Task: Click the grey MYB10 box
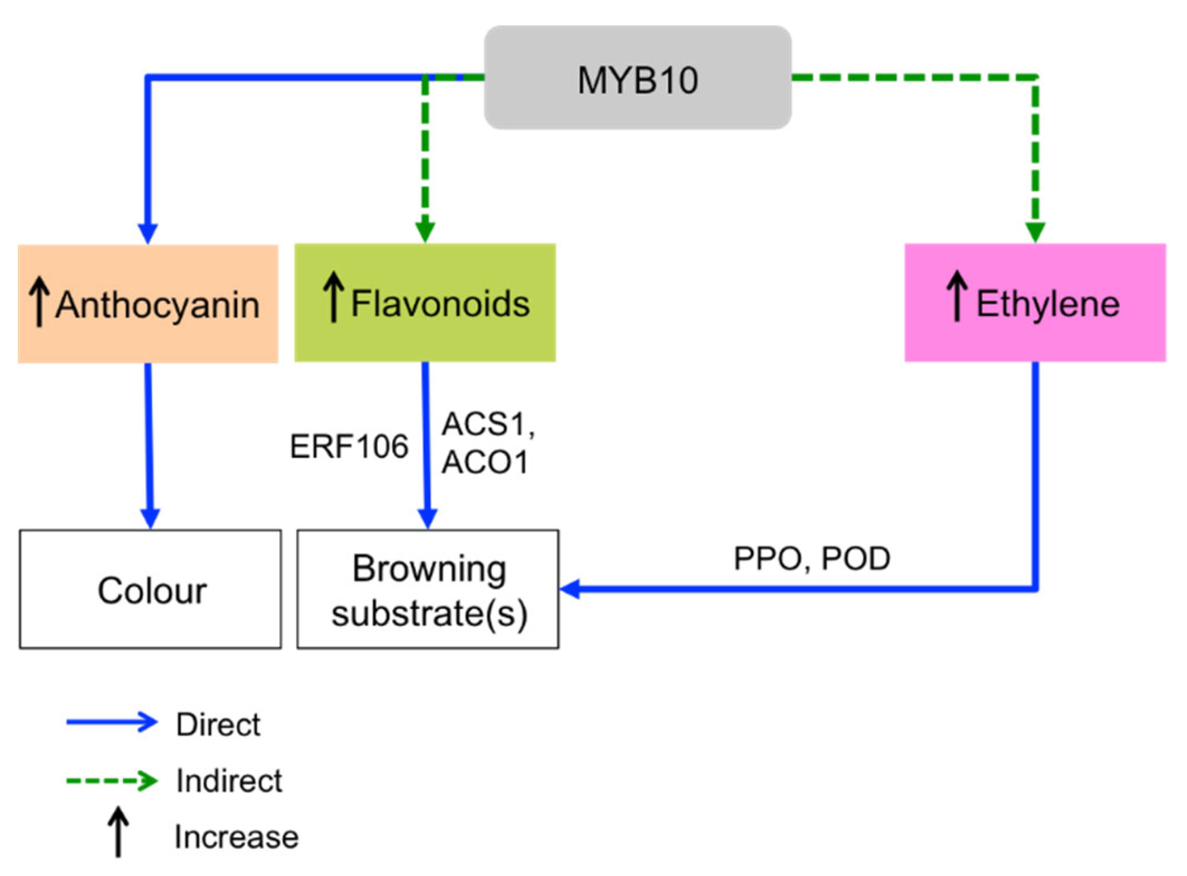pyautogui.click(x=637, y=77)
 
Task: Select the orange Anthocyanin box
pyautogui.click(x=148, y=304)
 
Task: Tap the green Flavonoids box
pyautogui.click(x=425, y=302)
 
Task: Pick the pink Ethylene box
pyautogui.click(x=1035, y=302)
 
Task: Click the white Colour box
pyautogui.click(x=150, y=589)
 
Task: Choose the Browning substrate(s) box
pyautogui.click(x=428, y=589)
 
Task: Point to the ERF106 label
pyautogui.click(x=349, y=446)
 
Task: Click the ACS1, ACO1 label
pyautogui.click(x=488, y=443)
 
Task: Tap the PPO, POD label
pyautogui.click(x=812, y=559)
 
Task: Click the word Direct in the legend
pyautogui.click(x=218, y=725)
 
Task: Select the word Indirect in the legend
pyautogui.click(x=229, y=780)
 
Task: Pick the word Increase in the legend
pyautogui.click(x=236, y=837)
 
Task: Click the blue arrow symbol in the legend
pyautogui.click(x=112, y=723)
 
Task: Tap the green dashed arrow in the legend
pyautogui.click(x=112, y=780)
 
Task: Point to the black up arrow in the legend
pyautogui.click(x=118, y=832)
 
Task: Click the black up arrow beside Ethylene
pyautogui.click(x=956, y=296)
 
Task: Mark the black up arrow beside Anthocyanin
pyautogui.click(x=39, y=301)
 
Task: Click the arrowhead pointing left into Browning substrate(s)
pyautogui.click(x=570, y=589)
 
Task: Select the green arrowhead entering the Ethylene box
pyautogui.click(x=1035, y=233)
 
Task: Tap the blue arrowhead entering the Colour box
pyautogui.click(x=150, y=519)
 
